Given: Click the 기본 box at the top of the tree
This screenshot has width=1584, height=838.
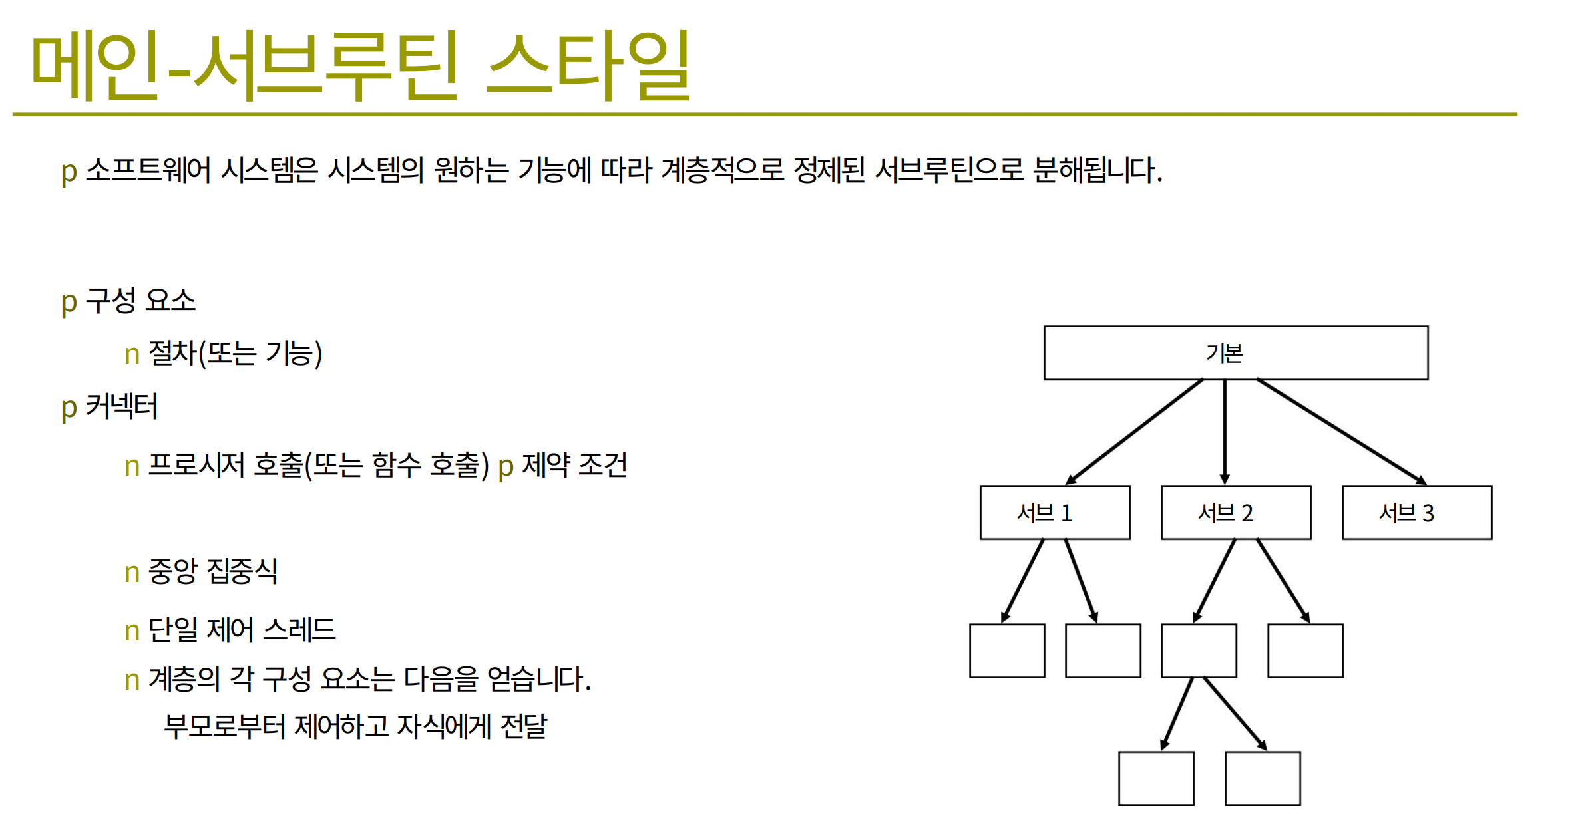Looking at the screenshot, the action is coord(1236,352).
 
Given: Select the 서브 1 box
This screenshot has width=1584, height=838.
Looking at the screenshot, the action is coord(1055,512).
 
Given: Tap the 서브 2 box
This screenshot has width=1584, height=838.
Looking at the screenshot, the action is coord(1236,512).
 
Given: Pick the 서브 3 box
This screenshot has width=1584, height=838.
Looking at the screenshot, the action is coord(1417,512).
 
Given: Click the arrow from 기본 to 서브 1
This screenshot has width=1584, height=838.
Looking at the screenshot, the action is coord(1134,432).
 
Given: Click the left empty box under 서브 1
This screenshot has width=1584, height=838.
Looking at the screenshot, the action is coord(1007,650).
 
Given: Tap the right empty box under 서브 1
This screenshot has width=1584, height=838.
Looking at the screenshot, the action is coord(1103,650).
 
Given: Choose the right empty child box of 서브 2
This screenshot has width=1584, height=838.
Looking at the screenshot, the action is coord(1305,650).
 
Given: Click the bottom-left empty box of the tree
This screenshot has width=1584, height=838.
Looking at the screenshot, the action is coord(1156,778).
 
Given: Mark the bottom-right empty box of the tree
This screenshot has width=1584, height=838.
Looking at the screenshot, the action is coord(1263,778).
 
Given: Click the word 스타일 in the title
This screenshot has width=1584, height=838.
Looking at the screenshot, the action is coord(589,65).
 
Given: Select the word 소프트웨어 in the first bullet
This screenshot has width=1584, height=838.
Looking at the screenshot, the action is coord(148,170).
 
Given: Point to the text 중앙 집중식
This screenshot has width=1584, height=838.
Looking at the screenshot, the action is coord(212,571).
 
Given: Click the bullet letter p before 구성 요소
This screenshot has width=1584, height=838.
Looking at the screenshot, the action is coord(69,303).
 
